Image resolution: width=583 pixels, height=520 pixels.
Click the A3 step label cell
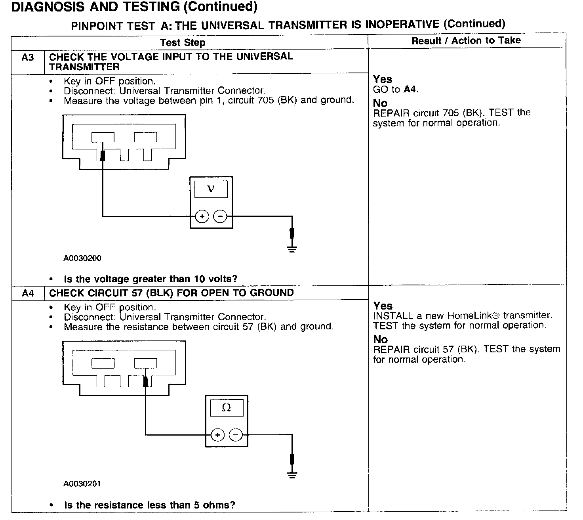[x=28, y=58]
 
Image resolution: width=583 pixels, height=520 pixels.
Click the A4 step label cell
[x=28, y=294]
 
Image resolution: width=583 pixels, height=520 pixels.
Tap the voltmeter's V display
[x=211, y=189]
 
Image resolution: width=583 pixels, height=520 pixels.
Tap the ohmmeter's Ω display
[x=226, y=407]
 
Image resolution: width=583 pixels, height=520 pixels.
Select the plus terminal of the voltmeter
[x=202, y=216]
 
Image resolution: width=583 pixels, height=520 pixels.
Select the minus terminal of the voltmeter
[x=220, y=216]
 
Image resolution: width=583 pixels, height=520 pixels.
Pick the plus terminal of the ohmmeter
[x=217, y=435]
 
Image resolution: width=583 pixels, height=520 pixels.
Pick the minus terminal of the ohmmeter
[x=236, y=435]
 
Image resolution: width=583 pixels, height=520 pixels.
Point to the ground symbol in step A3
[x=292, y=249]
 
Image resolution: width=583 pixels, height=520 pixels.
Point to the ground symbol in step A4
[x=292, y=474]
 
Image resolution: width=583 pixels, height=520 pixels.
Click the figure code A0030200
[x=82, y=258]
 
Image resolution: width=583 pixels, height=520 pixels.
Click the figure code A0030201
[x=82, y=484]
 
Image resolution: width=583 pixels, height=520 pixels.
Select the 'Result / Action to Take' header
[x=466, y=40]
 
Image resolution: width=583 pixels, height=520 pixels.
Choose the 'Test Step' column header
[x=183, y=43]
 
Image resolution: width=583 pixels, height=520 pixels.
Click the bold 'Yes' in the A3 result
[x=382, y=79]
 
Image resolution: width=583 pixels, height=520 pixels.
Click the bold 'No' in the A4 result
[x=380, y=340]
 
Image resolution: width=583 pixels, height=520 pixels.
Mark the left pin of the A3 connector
[x=103, y=137]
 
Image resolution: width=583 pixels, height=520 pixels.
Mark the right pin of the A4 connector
[x=145, y=363]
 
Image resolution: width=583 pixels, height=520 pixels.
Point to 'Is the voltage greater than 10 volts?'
[x=151, y=279]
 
